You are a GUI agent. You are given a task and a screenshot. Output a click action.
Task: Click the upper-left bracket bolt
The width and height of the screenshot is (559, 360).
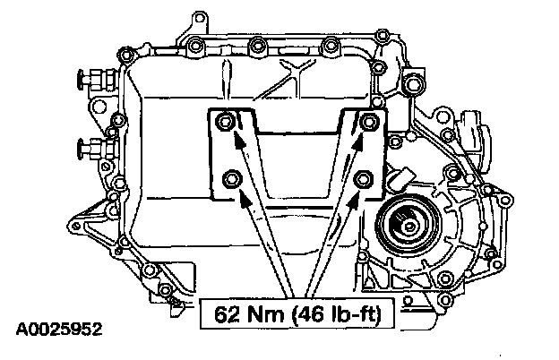(x=225, y=122)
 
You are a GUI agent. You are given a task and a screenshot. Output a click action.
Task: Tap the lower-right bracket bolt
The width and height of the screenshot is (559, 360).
(x=364, y=179)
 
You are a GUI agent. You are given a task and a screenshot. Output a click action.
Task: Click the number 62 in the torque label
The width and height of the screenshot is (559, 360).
(x=228, y=314)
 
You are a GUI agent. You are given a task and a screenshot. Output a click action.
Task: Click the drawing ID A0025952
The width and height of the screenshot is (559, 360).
(x=59, y=330)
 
